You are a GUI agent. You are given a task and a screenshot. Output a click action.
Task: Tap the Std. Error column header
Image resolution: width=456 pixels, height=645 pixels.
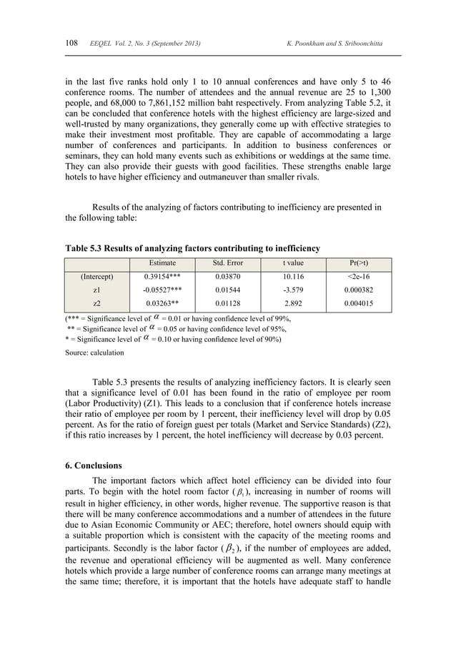click(229, 262)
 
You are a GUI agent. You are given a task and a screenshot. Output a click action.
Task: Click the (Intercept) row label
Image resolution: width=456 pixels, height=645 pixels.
click(97, 276)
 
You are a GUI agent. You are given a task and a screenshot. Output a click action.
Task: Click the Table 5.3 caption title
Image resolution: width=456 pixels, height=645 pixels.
click(192, 248)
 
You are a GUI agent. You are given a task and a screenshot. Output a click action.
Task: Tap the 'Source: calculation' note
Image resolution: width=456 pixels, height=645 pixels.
click(94, 353)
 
